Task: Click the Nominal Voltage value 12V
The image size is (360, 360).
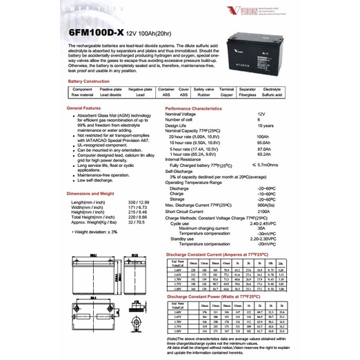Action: point(261,114)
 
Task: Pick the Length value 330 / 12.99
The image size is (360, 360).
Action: point(139,201)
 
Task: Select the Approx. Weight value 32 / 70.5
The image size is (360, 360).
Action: point(137,221)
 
